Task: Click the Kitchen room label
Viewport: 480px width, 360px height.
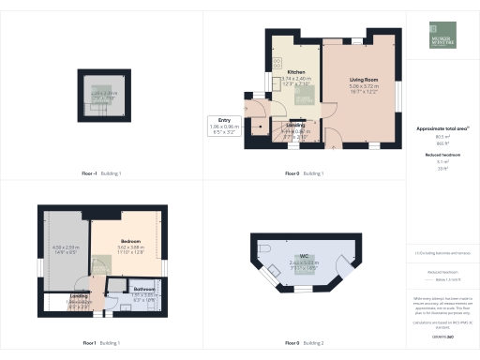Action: [296, 71]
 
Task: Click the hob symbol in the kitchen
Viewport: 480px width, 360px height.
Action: [277, 62]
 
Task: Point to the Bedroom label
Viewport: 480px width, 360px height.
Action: [130, 242]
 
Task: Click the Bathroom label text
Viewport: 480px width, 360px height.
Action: [143, 288]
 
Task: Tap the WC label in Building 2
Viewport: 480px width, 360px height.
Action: [306, 255]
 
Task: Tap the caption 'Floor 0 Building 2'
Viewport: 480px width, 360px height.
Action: [305, 344]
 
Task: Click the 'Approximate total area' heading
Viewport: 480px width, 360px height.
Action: [443, 127]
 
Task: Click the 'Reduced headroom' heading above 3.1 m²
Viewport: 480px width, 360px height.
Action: [443, 153]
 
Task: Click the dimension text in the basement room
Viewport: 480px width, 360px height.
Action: [103, 95]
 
